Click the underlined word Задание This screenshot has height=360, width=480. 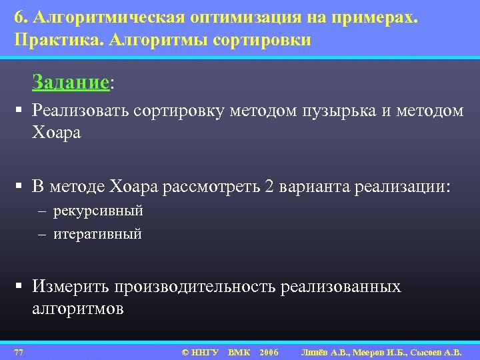point(70,83)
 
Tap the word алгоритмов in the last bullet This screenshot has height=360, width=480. point(77,310)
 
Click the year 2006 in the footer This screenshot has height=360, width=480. point(269,351)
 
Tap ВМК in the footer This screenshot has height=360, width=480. point(239,351)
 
